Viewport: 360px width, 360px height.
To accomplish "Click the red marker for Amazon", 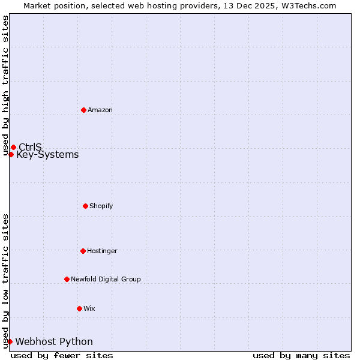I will (83, 110).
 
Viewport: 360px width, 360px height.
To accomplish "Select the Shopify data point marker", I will (85, 206).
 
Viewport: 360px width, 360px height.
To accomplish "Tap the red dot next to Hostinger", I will (83, 251).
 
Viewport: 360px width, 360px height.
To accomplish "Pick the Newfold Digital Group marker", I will (67, 279).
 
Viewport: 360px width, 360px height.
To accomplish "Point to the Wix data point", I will (79, 308).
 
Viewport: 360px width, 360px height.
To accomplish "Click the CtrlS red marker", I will (13, 147).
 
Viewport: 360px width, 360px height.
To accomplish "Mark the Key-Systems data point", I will (11, 154).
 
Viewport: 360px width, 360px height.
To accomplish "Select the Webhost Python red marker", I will (10, 341).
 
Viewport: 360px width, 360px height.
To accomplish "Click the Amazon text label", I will (100, 110).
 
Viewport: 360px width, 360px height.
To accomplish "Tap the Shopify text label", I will (101, 206).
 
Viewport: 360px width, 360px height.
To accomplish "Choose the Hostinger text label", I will (102, 251).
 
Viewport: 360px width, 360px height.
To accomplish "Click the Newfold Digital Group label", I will (106, 279).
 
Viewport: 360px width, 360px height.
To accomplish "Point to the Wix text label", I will (89, 308).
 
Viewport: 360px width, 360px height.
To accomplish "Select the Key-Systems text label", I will (47, 155).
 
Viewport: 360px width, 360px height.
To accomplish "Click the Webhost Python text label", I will (54, 342).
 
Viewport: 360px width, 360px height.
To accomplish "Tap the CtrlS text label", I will (30, 147).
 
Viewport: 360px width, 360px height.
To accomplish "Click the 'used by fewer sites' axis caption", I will (62, 355).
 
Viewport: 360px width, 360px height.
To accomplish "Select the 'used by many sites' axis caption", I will (301, 355).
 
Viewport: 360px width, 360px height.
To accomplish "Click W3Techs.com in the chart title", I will (308, 5).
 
